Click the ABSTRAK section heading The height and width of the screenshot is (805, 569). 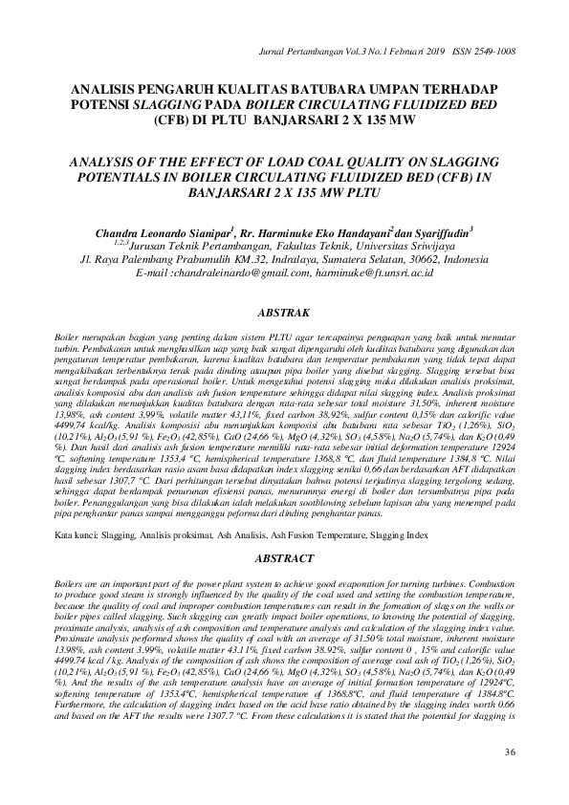pos(285,312)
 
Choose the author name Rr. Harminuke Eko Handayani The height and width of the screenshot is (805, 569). pos(316,232)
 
